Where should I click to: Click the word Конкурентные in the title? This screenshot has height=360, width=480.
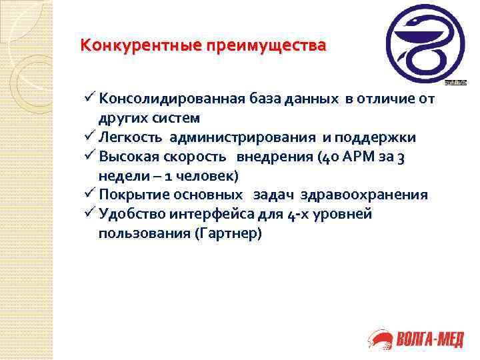[121, 47]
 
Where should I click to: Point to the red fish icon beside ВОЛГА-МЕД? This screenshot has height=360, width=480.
[380, 341]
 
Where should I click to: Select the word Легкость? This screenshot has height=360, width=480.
[131, 137]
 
